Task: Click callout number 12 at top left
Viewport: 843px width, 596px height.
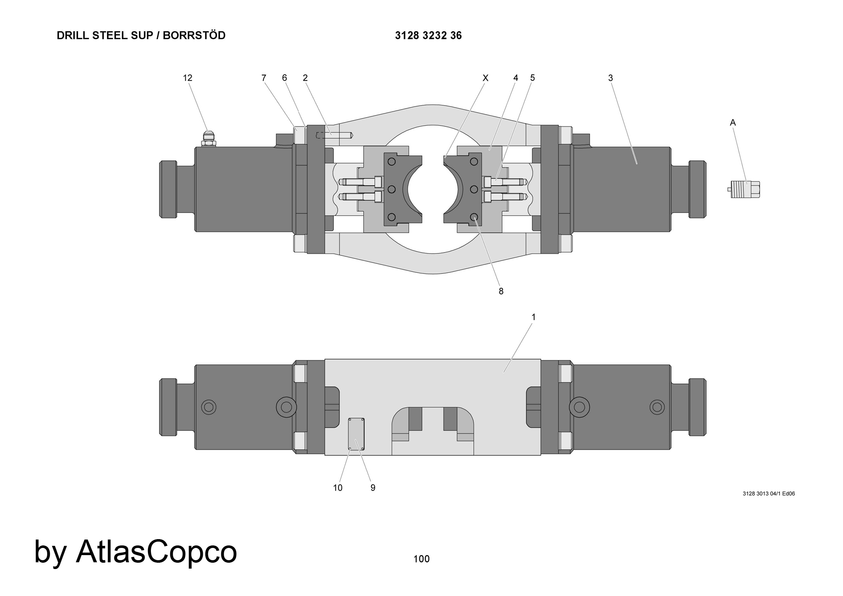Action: (188, 78)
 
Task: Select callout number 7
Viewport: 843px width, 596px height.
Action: (264, 78)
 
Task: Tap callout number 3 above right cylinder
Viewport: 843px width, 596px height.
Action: (610, 78)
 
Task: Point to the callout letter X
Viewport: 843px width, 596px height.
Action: (485, 78)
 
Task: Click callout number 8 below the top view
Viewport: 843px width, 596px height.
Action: (501, 291)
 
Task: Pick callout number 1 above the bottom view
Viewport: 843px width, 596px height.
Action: (534, 317)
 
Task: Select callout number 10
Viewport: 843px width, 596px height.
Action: (338, 488)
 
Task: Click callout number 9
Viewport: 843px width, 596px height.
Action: (373, 488)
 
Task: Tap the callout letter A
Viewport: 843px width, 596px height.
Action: (733, 123)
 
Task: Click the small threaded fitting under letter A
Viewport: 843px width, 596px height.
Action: (745, 189)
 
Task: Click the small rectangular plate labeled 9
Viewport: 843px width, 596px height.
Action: (356, 434)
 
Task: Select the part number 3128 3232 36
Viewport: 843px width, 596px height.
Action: (428, 36)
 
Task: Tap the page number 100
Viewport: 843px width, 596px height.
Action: (421, 559)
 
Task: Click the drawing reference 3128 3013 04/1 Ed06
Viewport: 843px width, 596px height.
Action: (769, 494)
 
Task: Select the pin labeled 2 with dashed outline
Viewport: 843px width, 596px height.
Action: (335, 136)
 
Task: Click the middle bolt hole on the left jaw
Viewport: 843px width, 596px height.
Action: (392, 189)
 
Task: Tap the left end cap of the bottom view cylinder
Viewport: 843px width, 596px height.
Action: (168, 407)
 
